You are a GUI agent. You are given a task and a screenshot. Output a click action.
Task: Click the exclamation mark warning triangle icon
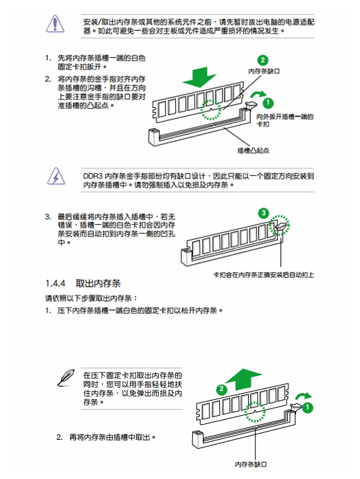pos(55,23)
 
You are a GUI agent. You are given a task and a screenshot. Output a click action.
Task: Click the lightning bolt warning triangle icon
pos(56,176)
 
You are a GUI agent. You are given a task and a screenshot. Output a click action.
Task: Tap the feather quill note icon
pos(66,377)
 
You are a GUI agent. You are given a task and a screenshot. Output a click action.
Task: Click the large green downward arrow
pos(200,77)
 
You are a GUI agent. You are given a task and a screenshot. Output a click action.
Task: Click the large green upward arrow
pos(243,379)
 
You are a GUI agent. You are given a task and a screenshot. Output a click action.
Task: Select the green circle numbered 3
pos(264,213)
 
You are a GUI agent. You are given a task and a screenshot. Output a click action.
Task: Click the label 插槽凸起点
pos(254,151)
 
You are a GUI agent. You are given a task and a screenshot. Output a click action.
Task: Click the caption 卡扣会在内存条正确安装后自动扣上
pos(264,275)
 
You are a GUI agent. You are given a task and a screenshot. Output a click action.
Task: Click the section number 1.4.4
pos(55,283)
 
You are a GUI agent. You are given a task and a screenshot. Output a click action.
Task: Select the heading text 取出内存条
pos(98,283)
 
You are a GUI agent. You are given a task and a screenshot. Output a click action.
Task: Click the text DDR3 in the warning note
pos(93,176)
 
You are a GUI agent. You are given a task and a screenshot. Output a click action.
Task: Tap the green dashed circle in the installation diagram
pos(211,110)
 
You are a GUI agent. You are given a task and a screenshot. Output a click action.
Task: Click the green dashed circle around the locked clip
pos(280,225)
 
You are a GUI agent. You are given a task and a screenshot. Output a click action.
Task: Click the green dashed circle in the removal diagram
pos(256,412)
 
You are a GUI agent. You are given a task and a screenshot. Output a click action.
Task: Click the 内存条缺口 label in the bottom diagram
pos(251,465)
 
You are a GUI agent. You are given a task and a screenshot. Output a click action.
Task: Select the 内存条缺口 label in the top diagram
pos(264,71)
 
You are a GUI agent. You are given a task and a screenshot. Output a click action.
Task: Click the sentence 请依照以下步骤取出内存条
pos(91,298)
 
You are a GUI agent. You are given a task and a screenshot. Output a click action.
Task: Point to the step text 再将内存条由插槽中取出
pos(110,437)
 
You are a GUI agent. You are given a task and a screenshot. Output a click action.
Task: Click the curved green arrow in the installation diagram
pos(258,93)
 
